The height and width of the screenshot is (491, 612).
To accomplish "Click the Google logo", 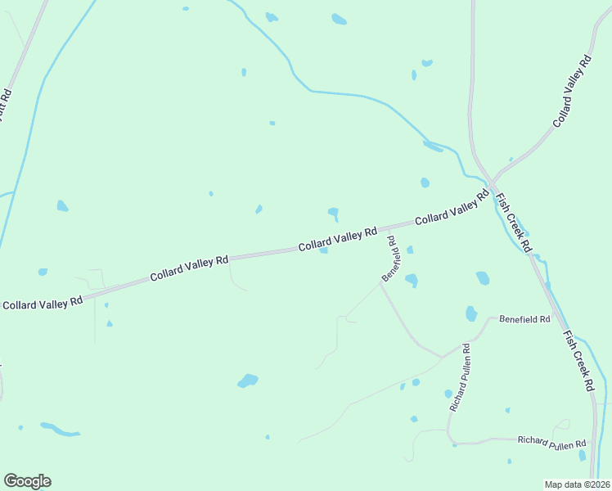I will pos(27,481).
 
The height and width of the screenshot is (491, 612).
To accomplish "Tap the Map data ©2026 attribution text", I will pos(576,484).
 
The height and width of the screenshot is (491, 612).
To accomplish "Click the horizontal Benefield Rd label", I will pos(524,318).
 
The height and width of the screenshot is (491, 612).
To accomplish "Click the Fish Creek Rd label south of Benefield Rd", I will pos(578,361).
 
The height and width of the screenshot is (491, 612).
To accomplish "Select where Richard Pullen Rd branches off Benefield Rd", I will pos(443,357).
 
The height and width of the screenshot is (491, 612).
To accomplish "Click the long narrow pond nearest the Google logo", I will pos(60,430).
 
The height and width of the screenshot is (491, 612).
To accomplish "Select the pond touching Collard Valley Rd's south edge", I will pos(324,250).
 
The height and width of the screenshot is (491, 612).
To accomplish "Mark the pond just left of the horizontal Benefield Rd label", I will pos(471,313).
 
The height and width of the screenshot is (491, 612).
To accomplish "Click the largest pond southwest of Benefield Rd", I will pos(247,381).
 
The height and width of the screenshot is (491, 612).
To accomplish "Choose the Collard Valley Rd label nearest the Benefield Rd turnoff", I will pos(337,239).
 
